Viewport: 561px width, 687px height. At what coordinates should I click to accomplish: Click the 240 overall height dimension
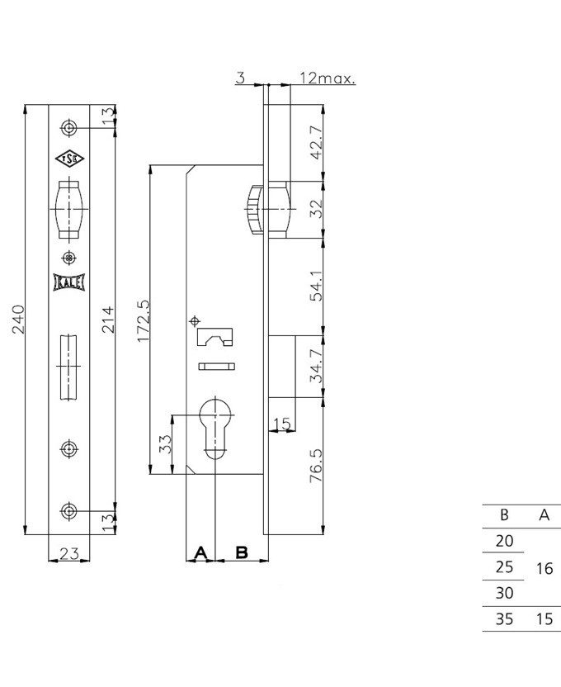pos(18,320)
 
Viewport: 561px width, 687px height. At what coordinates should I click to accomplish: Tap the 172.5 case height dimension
pos(143,321)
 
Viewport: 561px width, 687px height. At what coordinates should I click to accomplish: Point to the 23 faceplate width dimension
pos(69,554)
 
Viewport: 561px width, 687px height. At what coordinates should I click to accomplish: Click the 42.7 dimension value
pos(316,142)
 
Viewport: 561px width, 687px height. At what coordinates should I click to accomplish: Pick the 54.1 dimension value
pos(316,286)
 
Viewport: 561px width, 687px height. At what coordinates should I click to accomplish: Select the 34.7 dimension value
pos(316,366)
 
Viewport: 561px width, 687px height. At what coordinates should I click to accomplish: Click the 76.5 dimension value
pos(316,466)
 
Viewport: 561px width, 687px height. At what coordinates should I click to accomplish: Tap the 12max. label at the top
pos(328,78)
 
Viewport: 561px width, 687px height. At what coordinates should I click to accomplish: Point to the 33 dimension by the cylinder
pos(164,444)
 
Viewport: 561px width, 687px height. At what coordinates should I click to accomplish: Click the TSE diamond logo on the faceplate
pos(69,159)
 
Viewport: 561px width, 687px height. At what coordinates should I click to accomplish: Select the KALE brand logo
pos(69,282)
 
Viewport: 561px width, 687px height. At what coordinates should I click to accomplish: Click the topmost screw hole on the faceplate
pos(68,128)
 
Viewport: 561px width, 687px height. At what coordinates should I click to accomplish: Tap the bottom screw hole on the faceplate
pos(68,511)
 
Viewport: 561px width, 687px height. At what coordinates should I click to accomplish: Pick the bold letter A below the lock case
pos(200,552)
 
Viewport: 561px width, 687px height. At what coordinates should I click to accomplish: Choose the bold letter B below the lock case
pos(242,552)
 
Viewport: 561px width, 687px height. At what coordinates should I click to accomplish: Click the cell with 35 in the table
pos(504,618)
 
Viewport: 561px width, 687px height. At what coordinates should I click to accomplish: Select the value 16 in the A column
pos(544,568)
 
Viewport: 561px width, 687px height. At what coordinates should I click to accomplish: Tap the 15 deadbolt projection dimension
pos(282,424)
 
